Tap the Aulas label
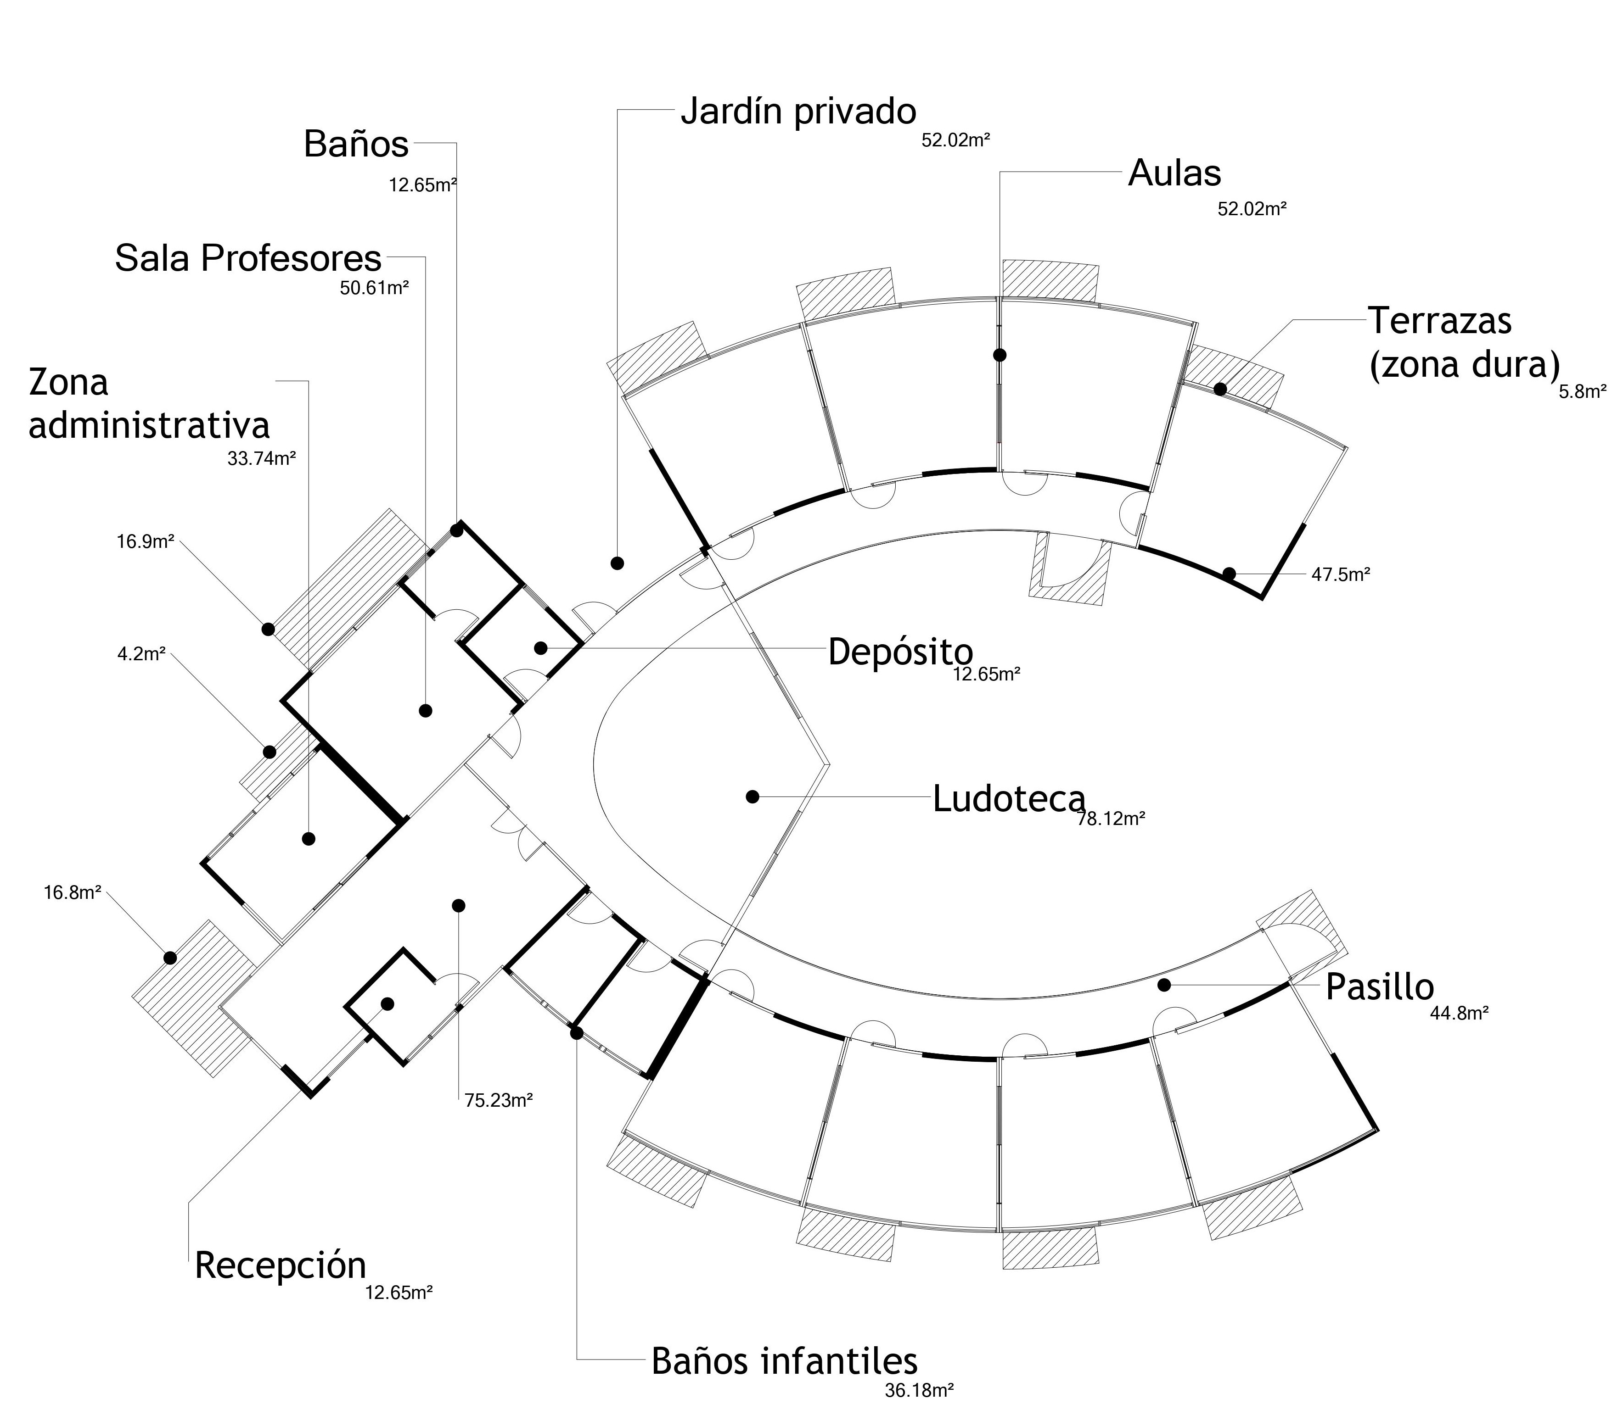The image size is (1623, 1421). tap(1174, 173)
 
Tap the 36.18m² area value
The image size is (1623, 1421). tap(919, 1391)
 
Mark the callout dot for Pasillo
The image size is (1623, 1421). tap(1164, 985)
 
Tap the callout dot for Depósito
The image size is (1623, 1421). tap(540, 648)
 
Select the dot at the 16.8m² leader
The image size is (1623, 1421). tap(170, 957)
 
